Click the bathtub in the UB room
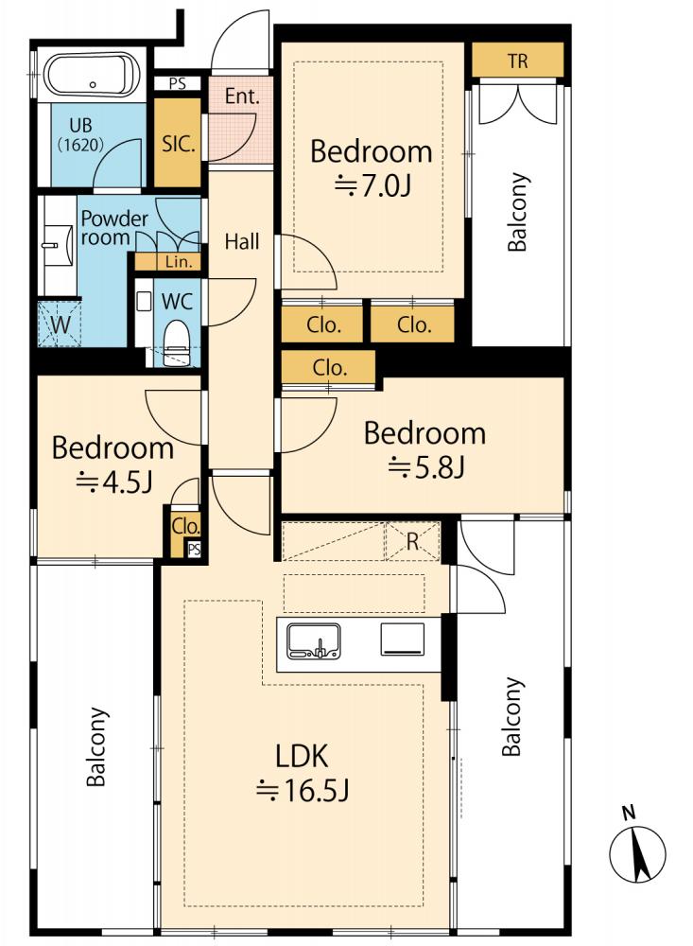coord(93,76)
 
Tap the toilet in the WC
coord(177,341)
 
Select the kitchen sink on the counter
coord(314,640)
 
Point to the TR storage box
coord(517,60)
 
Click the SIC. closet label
coord(179,144)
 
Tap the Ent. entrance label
coord(242,96)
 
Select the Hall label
coord(242,242)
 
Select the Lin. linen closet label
coord(179,262)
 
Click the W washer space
coord(60,324)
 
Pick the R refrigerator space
coord(412,541)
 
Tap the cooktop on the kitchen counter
coord(403,639)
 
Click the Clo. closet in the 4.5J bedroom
coord(185,527)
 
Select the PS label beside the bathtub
coord(178,84)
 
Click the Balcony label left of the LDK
coord(97,746)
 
